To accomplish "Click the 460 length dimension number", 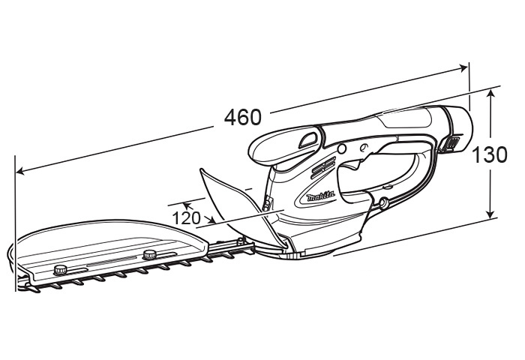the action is [x=242, y=117].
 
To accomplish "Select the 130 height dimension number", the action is [x=489, y=154].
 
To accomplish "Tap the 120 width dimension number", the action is [x=186, y=218].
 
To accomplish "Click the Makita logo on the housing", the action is [x=321, y=196].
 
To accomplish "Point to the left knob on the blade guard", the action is [x=61, y=269].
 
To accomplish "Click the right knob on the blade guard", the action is [x=150, y=254].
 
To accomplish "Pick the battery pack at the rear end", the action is [x=456, y=129].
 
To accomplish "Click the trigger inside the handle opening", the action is [x=355, y=165].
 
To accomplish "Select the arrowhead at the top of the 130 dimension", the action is [x=490, y=94].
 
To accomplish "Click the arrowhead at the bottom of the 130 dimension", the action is [x=490, y=213].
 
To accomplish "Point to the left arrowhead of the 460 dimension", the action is [x=21, y=172].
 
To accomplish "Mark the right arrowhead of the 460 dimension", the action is [x=463, y=68].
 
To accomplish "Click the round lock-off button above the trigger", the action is [x=341, y=148].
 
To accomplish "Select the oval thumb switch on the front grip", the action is [x=308, y=139].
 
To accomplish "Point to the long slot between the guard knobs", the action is [x=112, y=261].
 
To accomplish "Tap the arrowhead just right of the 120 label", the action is [x=211, y=220].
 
